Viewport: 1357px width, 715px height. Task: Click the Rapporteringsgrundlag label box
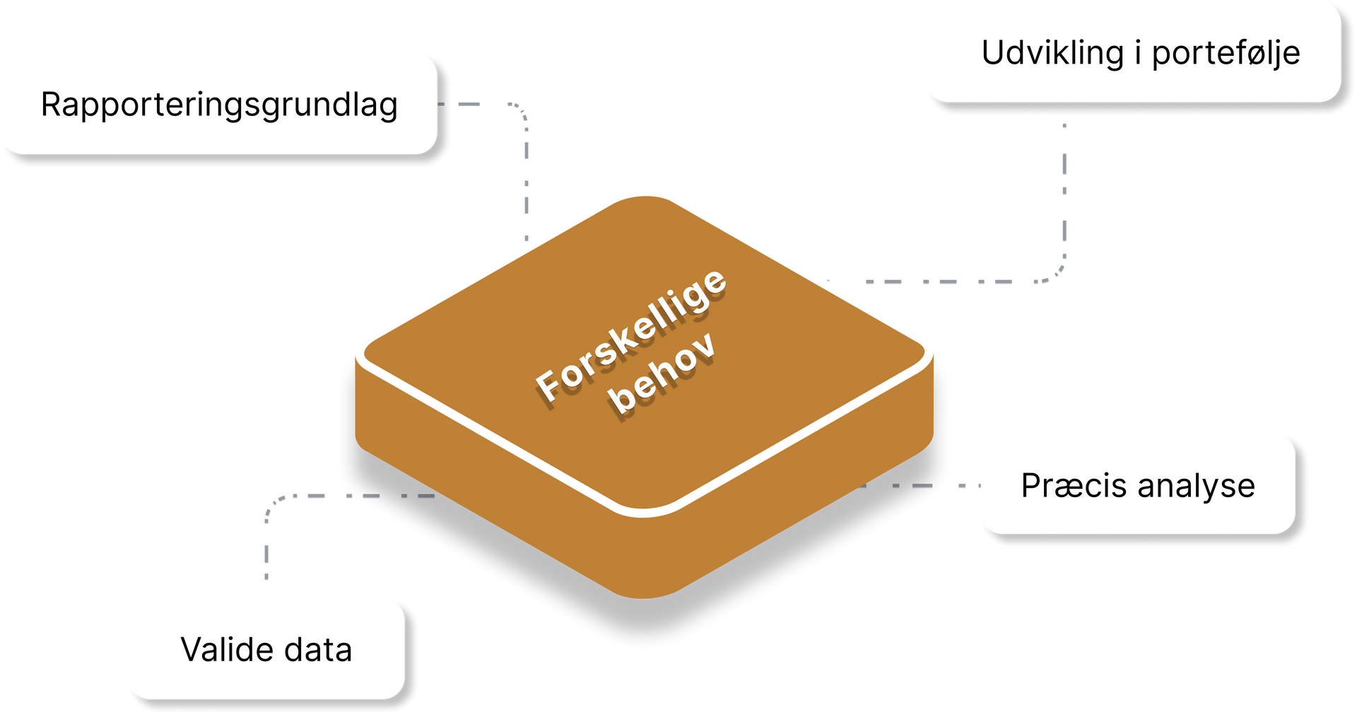[218, 103]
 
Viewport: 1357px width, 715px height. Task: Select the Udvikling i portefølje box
[1132, 52]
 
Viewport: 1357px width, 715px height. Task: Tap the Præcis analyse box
[1136, 484]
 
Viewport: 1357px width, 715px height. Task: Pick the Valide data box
[266, 649]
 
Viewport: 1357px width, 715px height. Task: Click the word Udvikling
[1052, 53]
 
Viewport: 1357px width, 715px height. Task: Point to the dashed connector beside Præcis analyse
[926, 485]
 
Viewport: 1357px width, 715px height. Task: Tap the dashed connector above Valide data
[266, 545]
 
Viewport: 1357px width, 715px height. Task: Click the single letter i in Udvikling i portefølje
[1138, 53]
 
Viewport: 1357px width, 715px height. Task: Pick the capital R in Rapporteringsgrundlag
[52, 104]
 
